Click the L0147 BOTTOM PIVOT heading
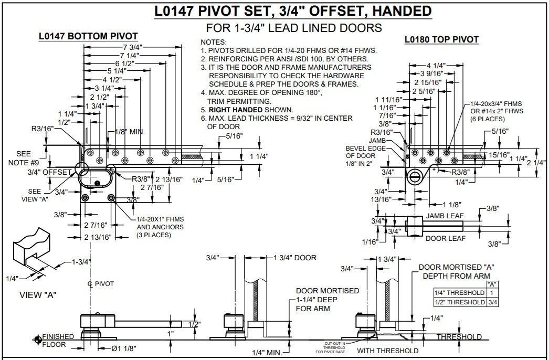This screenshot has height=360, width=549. pyautogui.click(x=88, y=36)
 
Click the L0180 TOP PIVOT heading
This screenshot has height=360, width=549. pyautogui.click(x=441, y=39)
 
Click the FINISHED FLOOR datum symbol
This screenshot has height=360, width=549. pyautogui.click(x=37, y=340)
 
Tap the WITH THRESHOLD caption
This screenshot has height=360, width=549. pyautogui.click(x=387, y=351)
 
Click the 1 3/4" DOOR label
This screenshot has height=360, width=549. pyautogui.click(x=295, y=258)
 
